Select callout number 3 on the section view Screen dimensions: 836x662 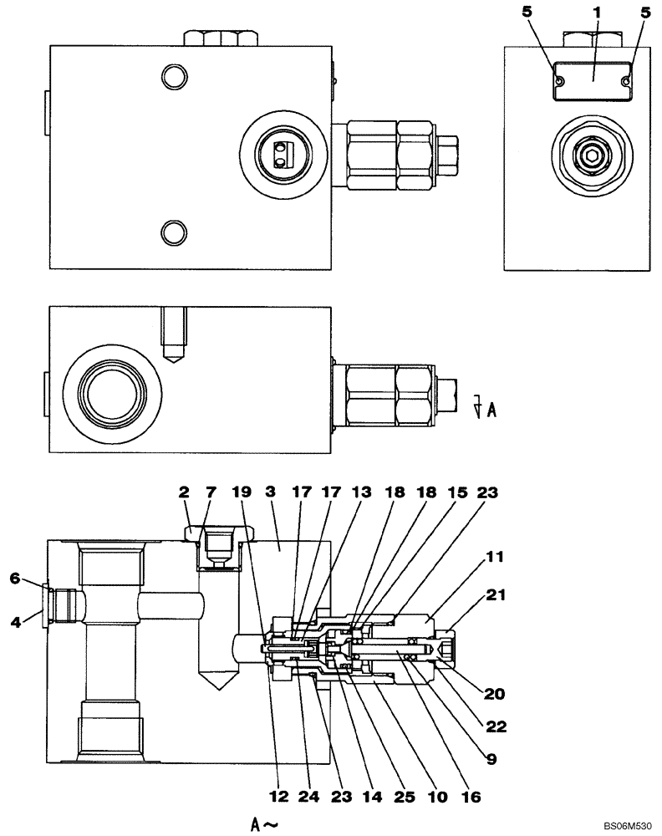click(271, 494)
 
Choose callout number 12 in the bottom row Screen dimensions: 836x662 click(280, 798)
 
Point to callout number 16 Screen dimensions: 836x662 click(470, 798)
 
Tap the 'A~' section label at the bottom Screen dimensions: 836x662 click(263, 824)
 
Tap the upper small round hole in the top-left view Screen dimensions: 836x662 click(173, 76)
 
